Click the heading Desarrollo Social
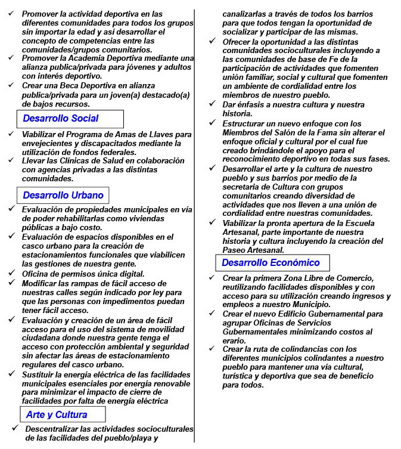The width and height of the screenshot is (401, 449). coord(61,118)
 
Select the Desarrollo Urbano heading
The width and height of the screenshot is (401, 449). coord(63,195)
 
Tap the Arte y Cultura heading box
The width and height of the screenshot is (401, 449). coord(57,414)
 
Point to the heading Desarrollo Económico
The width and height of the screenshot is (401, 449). coord(271,262)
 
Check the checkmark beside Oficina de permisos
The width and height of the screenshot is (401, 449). coord(11,273)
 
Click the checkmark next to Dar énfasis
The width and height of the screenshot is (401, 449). coord(212,104)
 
